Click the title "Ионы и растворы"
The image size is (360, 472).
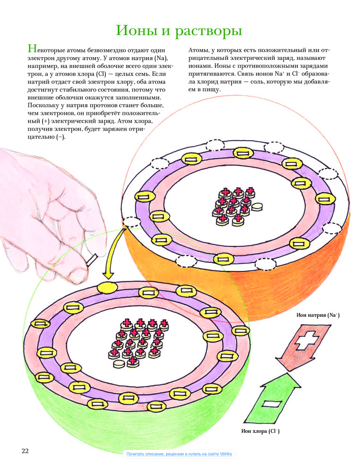click(179, 32)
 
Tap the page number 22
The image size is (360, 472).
click(25, 451)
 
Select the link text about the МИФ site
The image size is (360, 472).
click(180, 454)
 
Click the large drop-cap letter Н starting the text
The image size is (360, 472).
click(32, 49)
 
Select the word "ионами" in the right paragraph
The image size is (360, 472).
click(200, 66)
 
